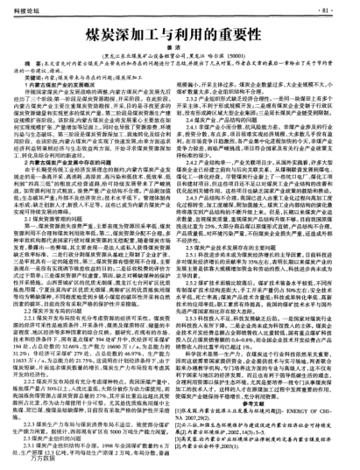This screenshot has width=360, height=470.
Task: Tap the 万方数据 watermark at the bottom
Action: [x=32, y=462]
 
